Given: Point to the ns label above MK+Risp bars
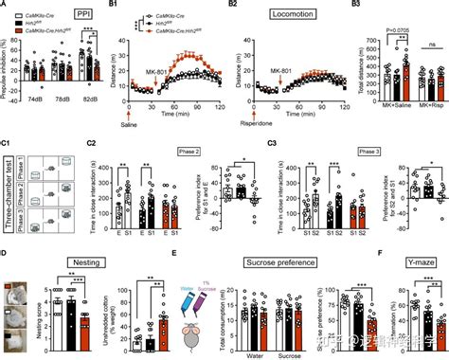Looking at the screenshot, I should click(x=431, y=44).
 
